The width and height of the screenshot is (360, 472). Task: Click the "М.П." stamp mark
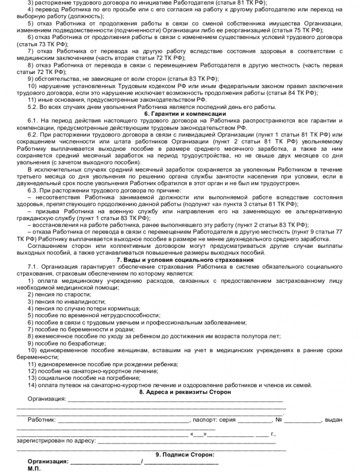coord(34,469)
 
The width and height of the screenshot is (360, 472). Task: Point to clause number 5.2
coord(33,106)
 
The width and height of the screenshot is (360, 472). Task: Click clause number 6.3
coord(33,190)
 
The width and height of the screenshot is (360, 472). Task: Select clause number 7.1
coord(33,266)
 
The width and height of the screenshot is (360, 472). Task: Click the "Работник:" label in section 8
coord(42,420)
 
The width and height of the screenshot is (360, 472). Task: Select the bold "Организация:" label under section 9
coord(48,462)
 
